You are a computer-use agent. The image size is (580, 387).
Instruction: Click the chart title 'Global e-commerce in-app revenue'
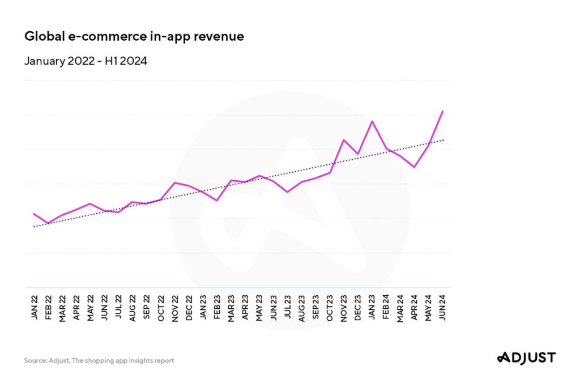(134, 37)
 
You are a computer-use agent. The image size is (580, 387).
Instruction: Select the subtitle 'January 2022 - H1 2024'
(86, 61)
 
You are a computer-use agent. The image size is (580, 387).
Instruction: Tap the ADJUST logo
(526, 357)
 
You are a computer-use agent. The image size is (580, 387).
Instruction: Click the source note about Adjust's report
(99, 360)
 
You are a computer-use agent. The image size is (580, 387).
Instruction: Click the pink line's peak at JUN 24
(442, 112)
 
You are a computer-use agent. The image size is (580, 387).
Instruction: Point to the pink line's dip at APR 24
(415, 167)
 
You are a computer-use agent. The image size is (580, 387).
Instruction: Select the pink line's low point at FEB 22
(48, 223)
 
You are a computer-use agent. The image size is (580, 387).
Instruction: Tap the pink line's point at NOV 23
(344, 140)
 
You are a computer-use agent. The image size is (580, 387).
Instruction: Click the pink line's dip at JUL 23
(287, 192)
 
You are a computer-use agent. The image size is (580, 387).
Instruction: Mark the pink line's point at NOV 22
(175, 182)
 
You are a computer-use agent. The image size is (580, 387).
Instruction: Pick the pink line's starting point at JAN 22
(35, 214)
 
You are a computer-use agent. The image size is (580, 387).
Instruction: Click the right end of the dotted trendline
(443, 139)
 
